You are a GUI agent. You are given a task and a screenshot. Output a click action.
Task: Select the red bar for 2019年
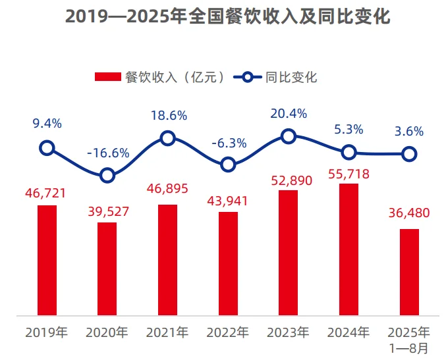tap(47, 260)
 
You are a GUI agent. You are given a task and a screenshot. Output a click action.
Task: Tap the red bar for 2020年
tap(107, 269)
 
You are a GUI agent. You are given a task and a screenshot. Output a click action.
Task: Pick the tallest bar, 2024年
tap(348, 249)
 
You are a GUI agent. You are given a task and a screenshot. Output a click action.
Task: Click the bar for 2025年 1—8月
tap(409, 272)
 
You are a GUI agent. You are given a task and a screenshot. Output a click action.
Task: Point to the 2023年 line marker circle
tap(288, 136)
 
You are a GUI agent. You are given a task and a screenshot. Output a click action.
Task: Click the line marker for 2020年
tap(107, 175)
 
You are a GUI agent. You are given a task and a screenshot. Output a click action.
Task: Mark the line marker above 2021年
tap(167, 138)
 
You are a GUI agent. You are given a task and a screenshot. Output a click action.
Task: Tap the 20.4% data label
tap(289, 114)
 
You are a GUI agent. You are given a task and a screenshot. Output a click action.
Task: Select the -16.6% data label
tap(108, 153)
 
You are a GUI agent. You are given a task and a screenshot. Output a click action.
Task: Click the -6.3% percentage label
tap(228, 143)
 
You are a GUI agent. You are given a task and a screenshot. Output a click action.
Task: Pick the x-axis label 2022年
tap(228, 332)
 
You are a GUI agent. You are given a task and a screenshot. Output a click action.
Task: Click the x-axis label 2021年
tap(167, 332)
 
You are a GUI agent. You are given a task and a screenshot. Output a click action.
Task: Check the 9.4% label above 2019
tap(47, 123)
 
